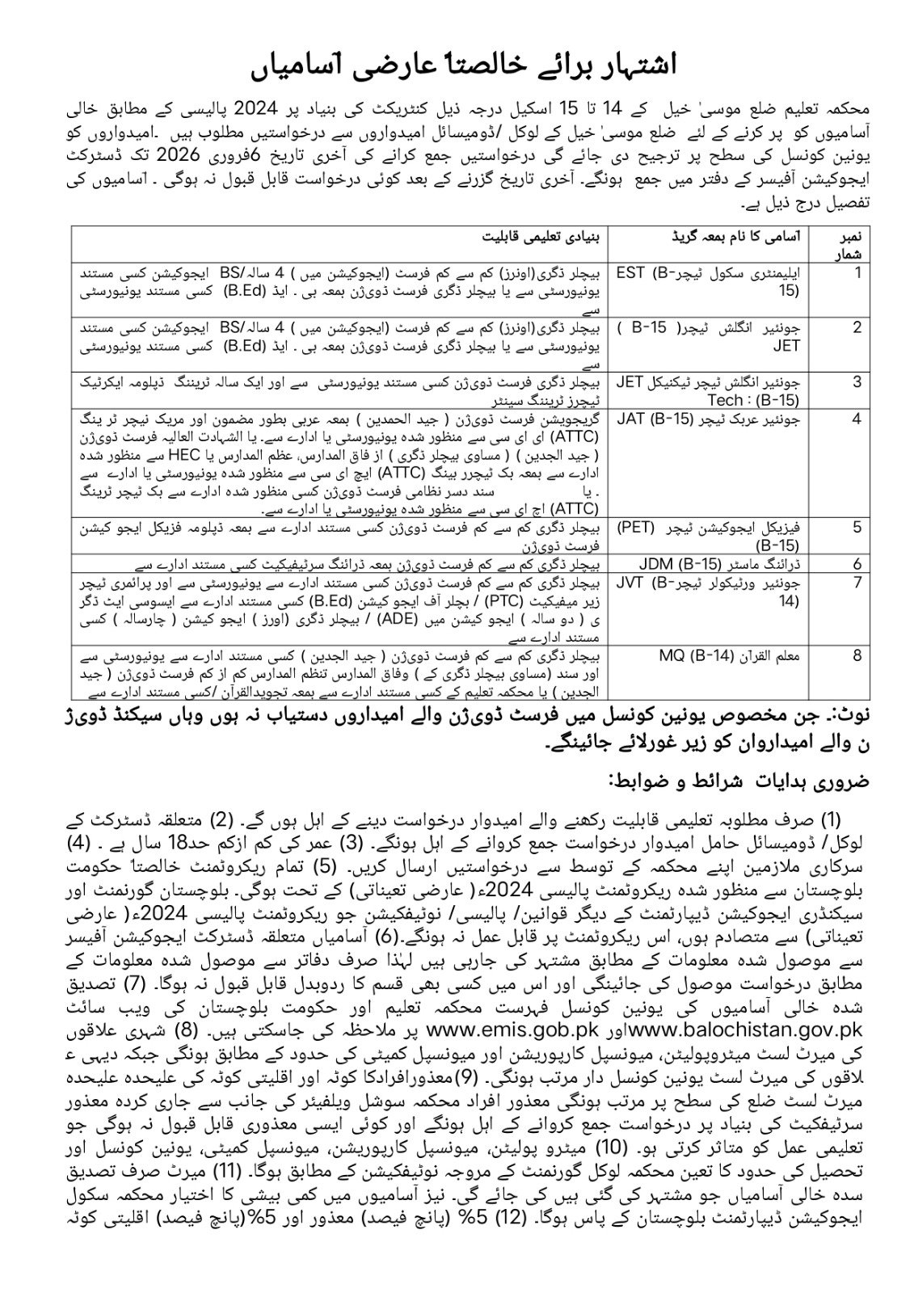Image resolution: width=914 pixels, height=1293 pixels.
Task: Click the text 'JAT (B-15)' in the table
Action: pyautogui.click(x=654, y=419)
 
